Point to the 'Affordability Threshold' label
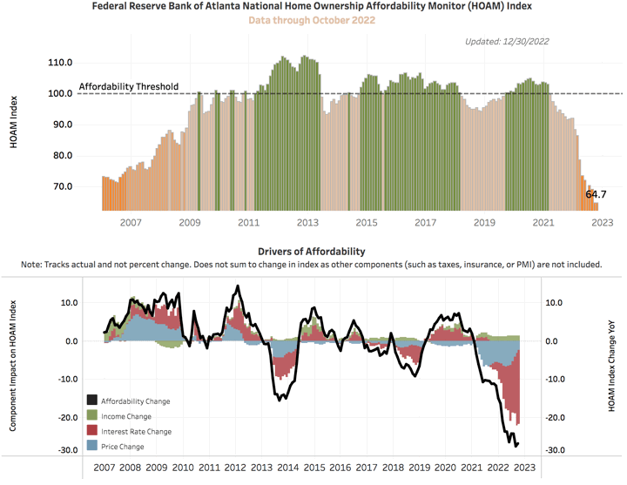coord(128,86)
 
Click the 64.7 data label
coord(596,195)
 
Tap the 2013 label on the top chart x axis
coord(307,224)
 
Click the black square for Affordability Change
coord(91,401)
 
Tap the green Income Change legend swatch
coord(91,416)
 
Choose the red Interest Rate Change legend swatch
coord(91,431)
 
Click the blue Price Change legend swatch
coord(91,446)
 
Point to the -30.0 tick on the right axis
coord(558,450)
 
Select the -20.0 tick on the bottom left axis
coord(68,418)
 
